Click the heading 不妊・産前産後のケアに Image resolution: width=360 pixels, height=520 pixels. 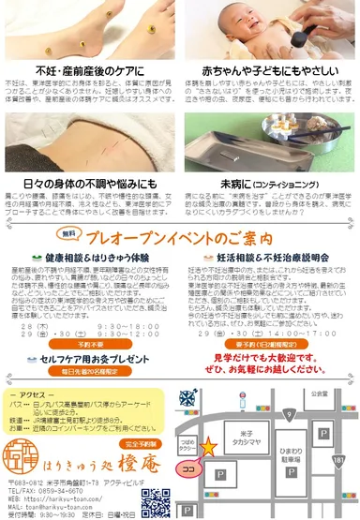(90, 70)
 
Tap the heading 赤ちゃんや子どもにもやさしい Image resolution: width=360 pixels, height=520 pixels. (266, 70)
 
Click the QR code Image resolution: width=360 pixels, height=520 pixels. (156, 499)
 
